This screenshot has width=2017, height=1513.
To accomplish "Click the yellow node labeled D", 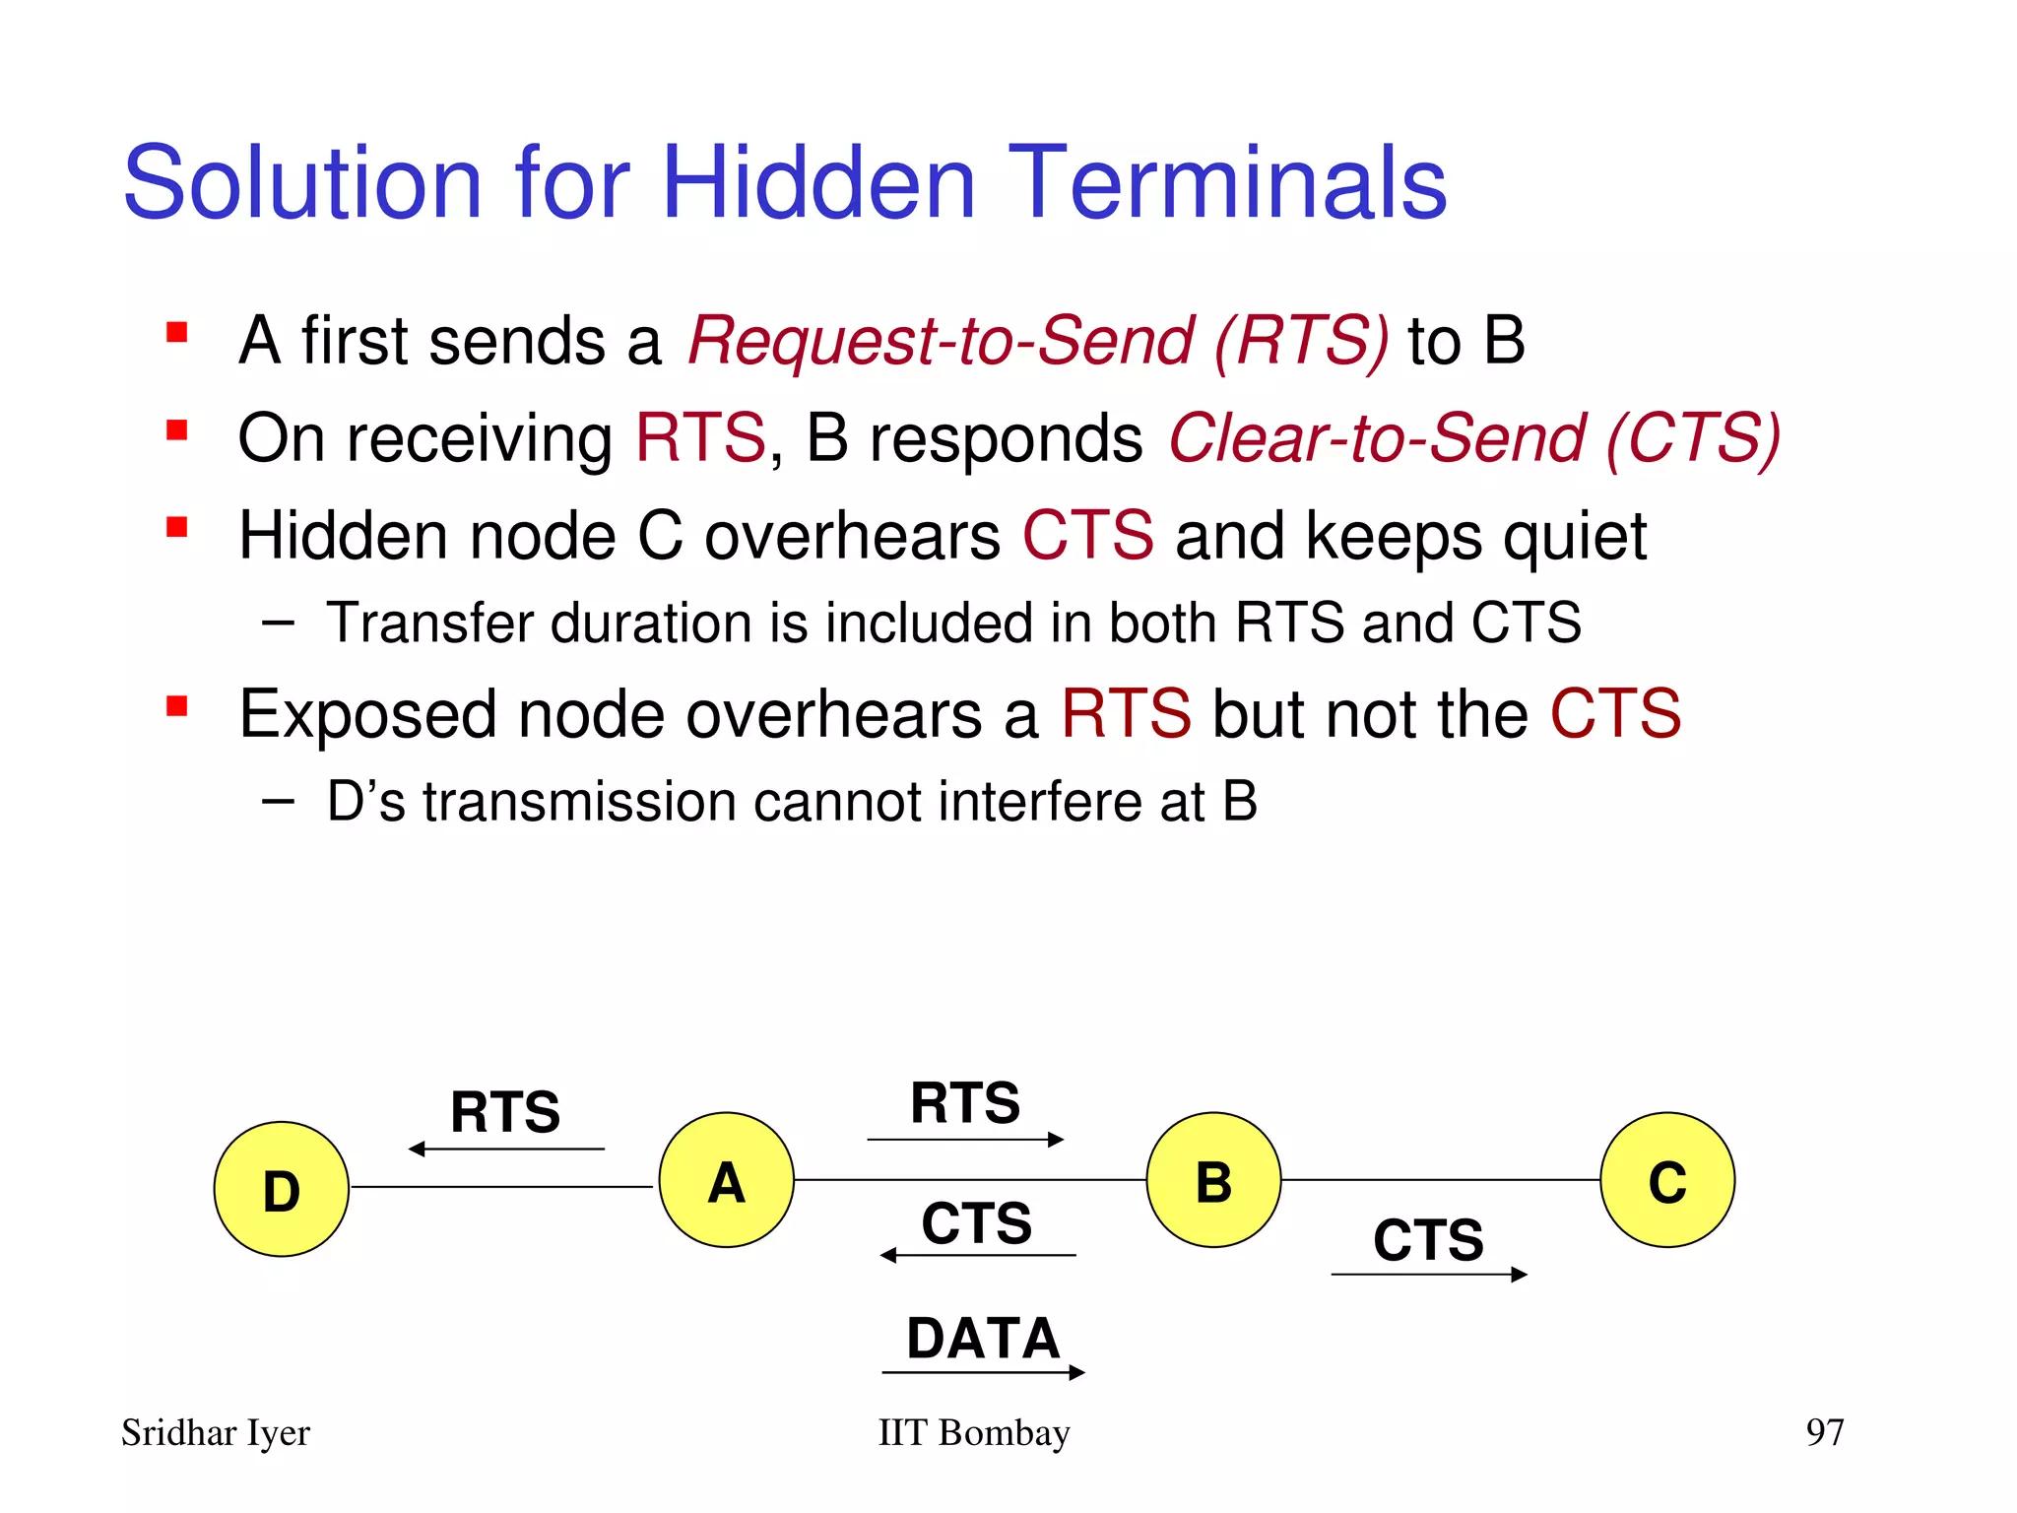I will (x=281, y=1189).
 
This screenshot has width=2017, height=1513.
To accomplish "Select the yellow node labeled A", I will (x=726, y=1180).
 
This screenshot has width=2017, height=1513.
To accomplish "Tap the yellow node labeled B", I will (x=1213, y=1180).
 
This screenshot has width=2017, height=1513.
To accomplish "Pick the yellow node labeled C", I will (x=1666, y=1180).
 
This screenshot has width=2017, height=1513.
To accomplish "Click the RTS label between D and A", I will (x=505, y=1111).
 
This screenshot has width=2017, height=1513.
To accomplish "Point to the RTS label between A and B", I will (x=965, y=1102).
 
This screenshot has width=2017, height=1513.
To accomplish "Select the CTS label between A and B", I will (x=976, y=1222).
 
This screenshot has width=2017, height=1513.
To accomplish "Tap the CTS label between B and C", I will (x=1428, y=1239).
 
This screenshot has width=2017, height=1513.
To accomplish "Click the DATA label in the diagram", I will (x=983, y=1338).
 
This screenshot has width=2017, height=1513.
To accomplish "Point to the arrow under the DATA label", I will (x=983, y=1372).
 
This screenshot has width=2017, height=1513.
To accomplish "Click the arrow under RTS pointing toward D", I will (x=506, y=1149).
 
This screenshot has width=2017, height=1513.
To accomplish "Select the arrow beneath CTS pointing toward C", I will (x=1428, y=1275).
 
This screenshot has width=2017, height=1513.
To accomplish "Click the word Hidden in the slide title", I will (x=818, y=183).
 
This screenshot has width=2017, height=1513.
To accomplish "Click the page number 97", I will (x=1824, y=1431).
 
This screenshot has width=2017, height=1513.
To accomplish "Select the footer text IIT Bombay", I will (x=973, y=1432).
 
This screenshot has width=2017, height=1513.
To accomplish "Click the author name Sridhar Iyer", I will (x=216, y=1433).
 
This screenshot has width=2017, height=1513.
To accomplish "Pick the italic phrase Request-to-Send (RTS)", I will (x=1038, y=341).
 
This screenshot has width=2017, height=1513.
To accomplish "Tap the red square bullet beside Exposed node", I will (x=177, y=706).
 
